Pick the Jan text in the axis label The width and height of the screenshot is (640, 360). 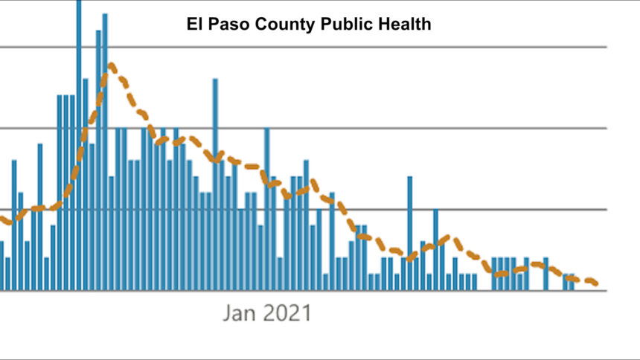(242, 313)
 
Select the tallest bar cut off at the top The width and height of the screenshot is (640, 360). (79, 149)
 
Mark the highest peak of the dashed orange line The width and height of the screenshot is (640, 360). (111, 65)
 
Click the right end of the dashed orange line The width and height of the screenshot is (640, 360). (596, 283)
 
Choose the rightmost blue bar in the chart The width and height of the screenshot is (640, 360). (572, 282)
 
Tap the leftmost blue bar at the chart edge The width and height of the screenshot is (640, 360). (1, 266)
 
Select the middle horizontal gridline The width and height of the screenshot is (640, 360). (447, 128)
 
